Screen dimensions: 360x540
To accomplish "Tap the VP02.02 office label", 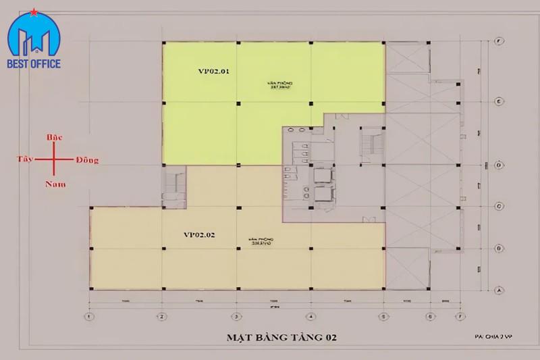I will tap(199, 235).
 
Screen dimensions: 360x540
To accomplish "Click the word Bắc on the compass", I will tap(55, 138).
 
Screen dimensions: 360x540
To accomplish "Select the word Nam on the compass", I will tap(55, 183).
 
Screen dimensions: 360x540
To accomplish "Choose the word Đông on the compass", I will tap(87, 160).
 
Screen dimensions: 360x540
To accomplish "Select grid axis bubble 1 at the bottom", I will tap(88, 315).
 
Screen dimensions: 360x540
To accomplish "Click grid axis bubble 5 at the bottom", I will tap(383, 315).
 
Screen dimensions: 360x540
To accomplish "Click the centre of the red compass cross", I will tap(55, 161).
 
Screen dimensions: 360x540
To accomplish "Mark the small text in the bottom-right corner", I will tap(493, 336).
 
